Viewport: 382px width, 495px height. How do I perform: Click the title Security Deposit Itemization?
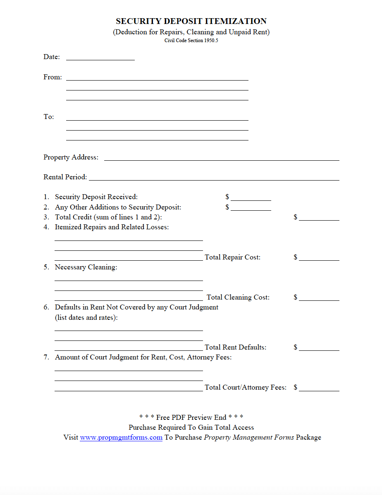(191, 21)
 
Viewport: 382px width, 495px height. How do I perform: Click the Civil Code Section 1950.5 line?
(191, 40)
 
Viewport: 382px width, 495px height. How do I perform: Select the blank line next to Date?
(100, 57)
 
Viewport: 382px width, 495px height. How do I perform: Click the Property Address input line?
(222, 158)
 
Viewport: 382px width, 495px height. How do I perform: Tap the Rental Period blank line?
(214, 178)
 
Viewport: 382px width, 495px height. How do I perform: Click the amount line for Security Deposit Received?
(251, 198)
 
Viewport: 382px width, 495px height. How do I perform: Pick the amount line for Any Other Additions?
(251, 208)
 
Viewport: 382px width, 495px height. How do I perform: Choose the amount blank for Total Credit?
(319, 218)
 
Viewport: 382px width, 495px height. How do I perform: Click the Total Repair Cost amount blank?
(319, 258)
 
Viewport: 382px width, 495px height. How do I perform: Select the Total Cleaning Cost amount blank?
(319, 298)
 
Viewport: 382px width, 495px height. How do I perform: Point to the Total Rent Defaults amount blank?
(319, 348)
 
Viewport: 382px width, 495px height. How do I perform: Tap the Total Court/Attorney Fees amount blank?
(319, 388)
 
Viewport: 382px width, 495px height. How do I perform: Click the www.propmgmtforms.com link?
(121, 438)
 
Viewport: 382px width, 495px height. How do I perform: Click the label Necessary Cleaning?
(86, 267)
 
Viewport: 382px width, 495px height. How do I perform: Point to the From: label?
(53, 77)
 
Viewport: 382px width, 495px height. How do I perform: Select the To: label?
(49, 117)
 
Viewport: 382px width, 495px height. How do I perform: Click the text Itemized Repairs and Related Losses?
(112, 227)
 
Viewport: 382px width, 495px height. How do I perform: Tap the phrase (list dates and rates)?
(86, 318)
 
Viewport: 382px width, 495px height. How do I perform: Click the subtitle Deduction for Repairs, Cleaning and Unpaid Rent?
(191, 32)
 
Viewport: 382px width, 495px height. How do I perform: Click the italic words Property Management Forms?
(249, 438)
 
